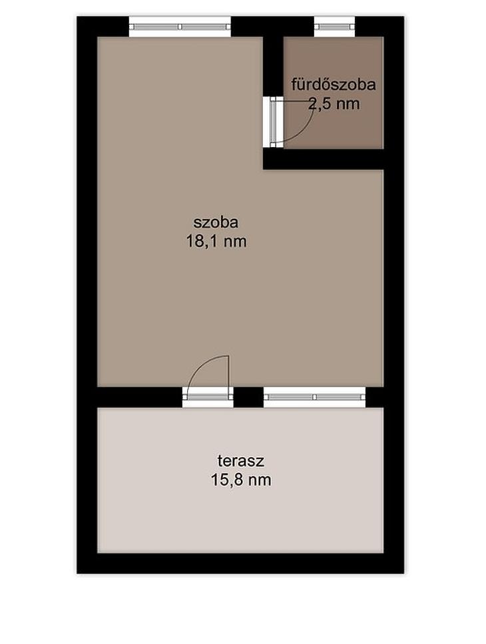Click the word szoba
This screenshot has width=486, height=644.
pos(216,222)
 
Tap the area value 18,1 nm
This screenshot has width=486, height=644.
pos(216,241)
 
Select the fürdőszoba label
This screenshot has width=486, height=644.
pos(334,84)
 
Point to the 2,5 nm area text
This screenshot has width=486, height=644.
pos(334,104)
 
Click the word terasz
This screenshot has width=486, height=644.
pos(240,461)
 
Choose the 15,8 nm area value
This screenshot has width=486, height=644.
pos(241,480)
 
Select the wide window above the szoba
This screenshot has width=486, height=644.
pos(180,27)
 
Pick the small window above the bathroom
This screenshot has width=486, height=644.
pos(334,27)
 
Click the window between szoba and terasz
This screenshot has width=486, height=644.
pos(314,397)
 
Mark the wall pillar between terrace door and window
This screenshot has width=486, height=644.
pos(248,397)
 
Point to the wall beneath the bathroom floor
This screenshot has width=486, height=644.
pos(323,159)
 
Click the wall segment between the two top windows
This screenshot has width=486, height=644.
pos(272,27)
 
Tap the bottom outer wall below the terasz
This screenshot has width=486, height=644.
pos(240,563)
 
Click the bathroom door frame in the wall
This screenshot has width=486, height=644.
pos(274,122)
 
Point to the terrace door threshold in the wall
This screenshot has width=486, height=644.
pos(208,397)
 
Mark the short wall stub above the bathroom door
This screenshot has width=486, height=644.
pos(273,67)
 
